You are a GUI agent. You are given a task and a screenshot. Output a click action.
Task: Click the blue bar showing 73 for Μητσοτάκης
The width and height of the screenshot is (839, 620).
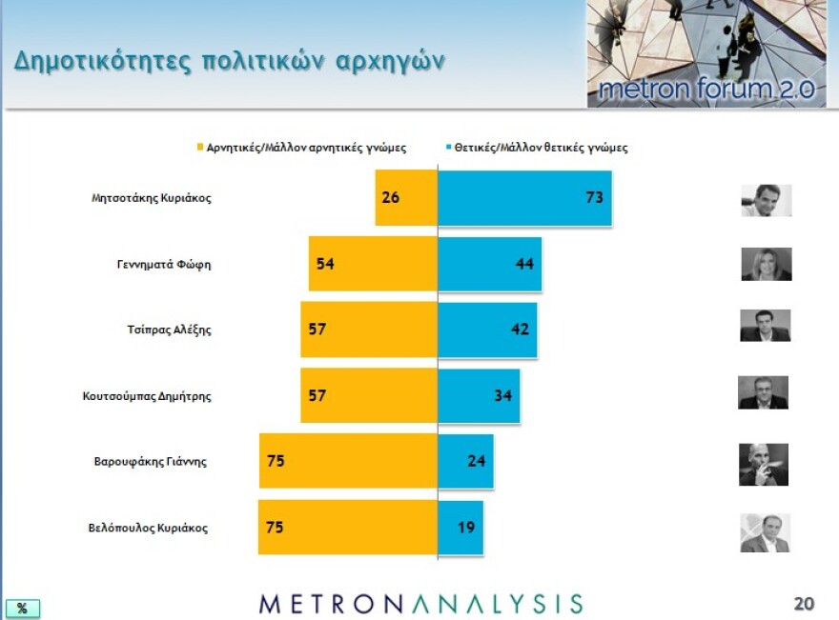click(524, 198)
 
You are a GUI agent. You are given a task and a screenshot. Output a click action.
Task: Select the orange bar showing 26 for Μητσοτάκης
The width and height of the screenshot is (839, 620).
click(406, 198)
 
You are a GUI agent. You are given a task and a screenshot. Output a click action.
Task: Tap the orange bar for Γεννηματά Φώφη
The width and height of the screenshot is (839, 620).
click(373, 264)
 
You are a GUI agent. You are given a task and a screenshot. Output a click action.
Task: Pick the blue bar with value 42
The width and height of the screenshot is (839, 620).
click(487, 330)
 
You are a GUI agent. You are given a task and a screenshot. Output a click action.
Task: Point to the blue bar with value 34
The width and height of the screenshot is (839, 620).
click(479, 395)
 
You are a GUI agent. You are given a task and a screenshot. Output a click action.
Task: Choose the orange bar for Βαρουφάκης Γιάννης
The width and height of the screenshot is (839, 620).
click(348, 461)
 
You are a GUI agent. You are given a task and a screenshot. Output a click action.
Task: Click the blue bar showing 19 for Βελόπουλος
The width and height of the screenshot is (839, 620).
click(460, 526)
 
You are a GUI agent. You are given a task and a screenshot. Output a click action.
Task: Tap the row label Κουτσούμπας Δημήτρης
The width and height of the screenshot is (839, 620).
click(147, 396)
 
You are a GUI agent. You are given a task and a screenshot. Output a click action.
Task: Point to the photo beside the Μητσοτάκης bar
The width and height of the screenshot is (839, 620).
click(767, 200)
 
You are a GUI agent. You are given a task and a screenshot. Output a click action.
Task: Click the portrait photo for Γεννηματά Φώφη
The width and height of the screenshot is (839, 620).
click(767, 264)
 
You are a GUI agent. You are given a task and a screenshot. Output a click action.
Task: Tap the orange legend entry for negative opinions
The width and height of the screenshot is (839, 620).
click(301, 148)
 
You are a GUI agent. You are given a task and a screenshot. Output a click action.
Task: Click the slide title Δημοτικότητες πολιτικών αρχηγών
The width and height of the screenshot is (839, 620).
click(230, 60)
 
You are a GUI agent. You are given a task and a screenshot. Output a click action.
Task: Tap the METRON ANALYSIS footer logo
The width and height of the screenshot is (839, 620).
click(420, 603)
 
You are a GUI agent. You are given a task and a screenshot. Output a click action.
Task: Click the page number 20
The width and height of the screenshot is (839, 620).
click(804, 603)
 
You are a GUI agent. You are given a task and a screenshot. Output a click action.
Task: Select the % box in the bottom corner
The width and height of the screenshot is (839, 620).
click(23, 608)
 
